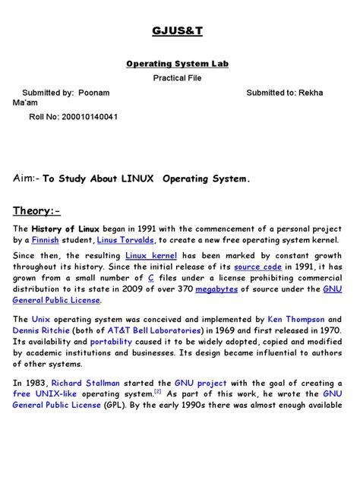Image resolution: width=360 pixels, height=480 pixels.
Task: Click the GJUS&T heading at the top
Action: pyautogui.click(x=179, y=30)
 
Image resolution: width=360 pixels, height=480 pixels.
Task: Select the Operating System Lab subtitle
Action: pyautogui.click(x=179, y=64)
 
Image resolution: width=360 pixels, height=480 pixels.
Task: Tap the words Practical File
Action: pyautogui.click(x=179, y=78)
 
